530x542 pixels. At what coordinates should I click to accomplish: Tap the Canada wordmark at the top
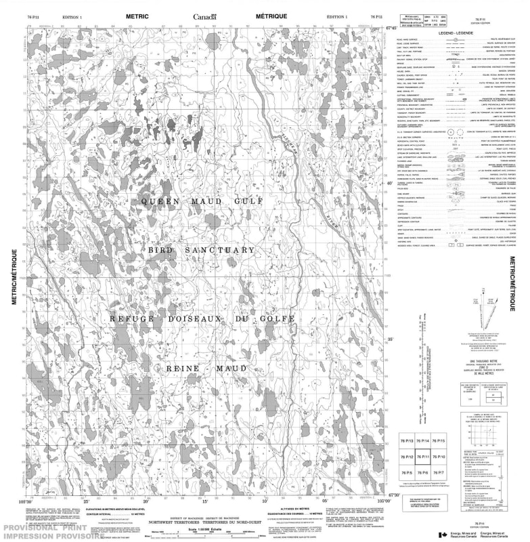pos(204,16)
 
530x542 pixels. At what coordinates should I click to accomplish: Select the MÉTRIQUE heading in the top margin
pos(271,16)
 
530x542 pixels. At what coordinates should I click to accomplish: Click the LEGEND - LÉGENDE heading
pos(454,33)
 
